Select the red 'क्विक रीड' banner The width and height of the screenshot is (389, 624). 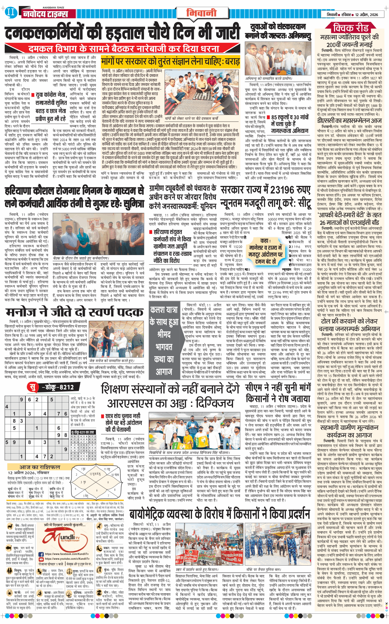click(x=351, y=27)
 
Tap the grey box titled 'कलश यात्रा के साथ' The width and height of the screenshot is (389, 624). click(x=164, y=341)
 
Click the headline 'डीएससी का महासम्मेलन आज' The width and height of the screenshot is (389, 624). click(x=349, y=120)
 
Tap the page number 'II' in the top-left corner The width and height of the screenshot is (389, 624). click(x=10, y=12)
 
